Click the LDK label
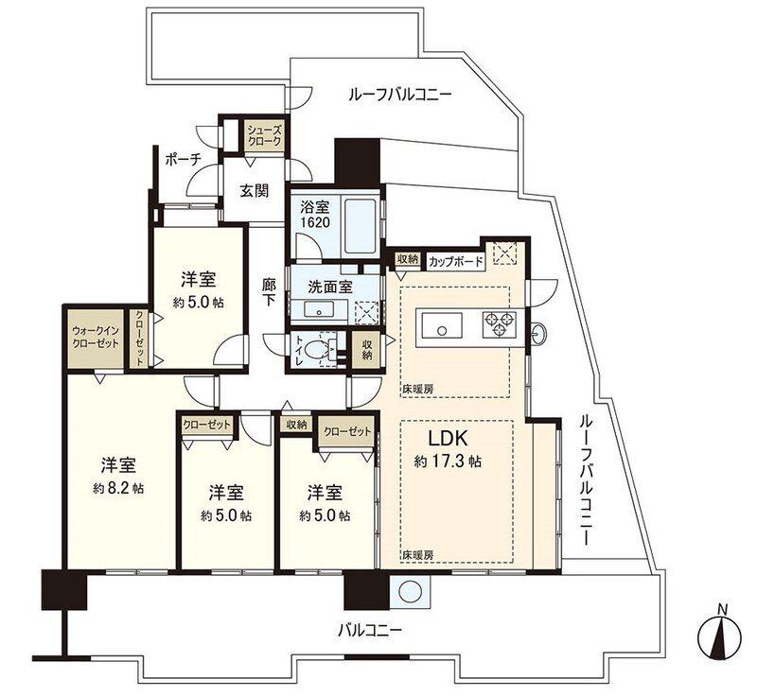pos(449,439)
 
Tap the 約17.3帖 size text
pos(448,462)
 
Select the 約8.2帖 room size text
pos(118,489)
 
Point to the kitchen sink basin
pos(442,325)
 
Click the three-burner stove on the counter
pos(500,323)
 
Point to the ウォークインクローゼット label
pos(96,338)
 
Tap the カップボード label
pos(456,262)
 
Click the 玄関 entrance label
pos(255,191)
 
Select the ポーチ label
pos(183,159)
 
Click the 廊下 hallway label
pos(269,293)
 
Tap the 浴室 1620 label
pos(315,215)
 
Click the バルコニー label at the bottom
pos(370,630)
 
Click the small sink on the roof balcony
pos(538,333)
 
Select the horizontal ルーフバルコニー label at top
pos(399,94)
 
